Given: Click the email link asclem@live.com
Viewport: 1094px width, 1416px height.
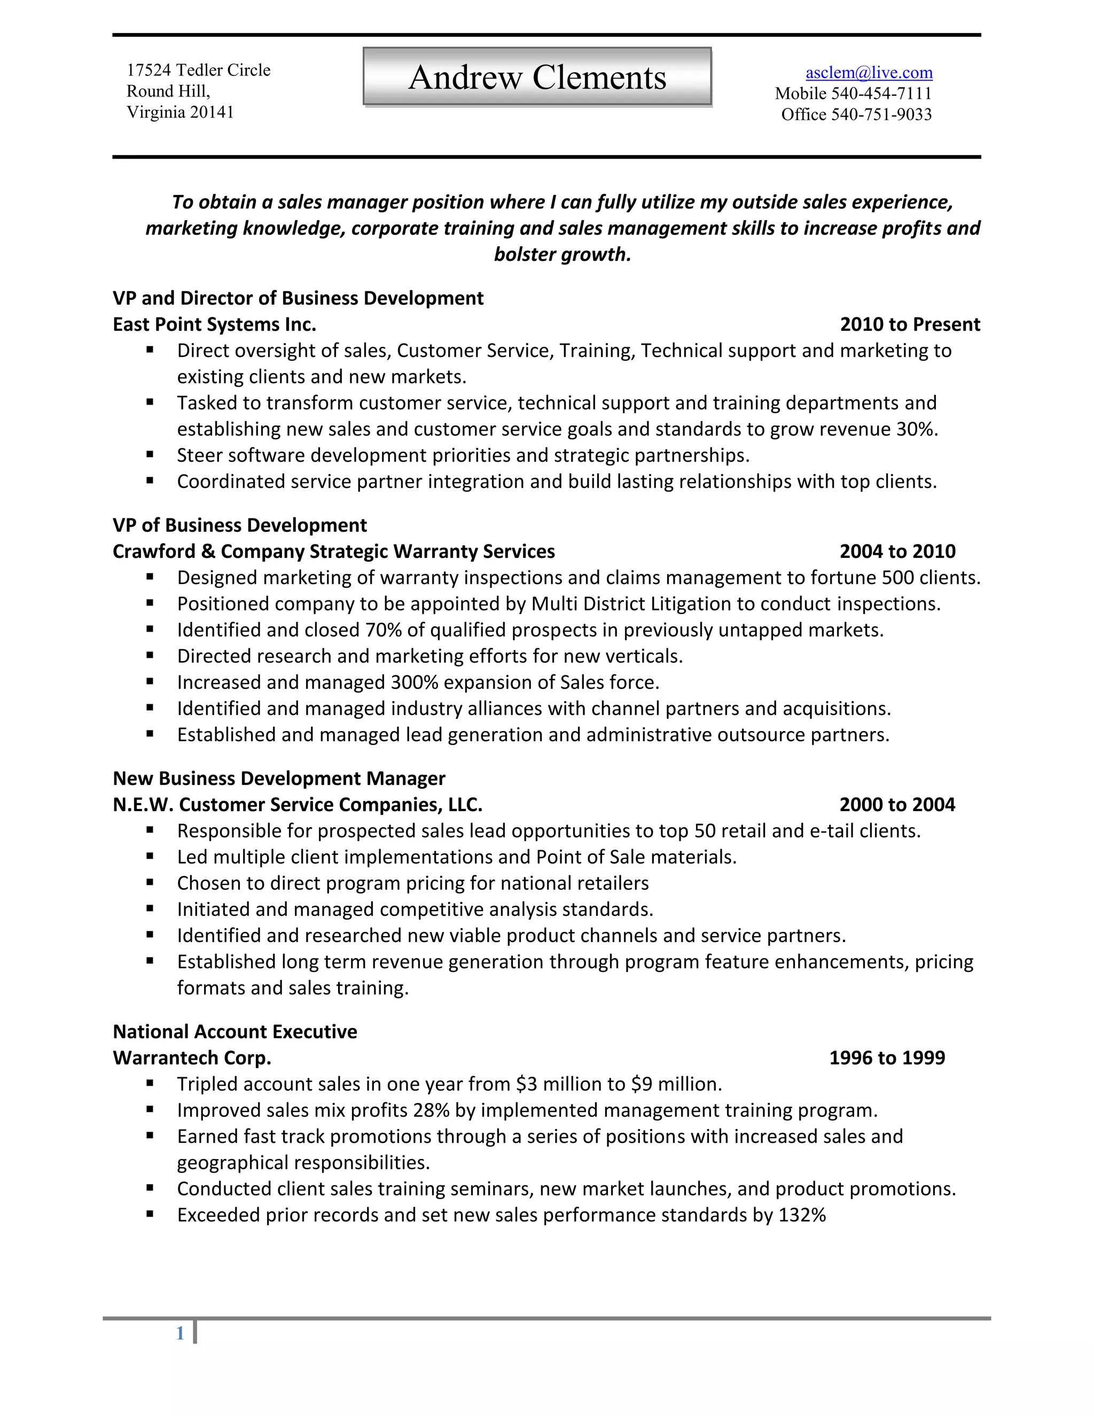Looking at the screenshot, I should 869,73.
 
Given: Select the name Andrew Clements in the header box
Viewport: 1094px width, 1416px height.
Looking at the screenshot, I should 537,78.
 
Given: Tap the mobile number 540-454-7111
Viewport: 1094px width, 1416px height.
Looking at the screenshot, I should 881,94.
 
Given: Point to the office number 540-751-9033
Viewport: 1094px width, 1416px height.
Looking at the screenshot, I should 881,115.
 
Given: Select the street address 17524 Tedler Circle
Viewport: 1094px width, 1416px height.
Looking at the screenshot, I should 198,70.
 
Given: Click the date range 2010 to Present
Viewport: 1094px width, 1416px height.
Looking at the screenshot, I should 909,324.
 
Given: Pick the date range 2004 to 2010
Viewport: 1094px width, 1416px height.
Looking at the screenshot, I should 897,551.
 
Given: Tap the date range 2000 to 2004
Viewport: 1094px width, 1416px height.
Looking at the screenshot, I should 897,805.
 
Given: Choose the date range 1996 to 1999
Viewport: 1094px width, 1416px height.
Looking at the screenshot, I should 887,1057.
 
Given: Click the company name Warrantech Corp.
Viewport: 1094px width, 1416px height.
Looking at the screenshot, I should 192,1057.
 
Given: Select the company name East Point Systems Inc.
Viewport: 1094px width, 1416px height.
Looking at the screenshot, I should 215,324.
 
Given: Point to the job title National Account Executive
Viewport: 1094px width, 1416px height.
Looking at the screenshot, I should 235,1031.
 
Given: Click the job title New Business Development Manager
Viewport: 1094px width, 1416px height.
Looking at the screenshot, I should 279,778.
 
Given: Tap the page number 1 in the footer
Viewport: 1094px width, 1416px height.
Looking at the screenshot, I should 180,1333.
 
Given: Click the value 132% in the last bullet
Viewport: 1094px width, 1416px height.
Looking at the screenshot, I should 802,1215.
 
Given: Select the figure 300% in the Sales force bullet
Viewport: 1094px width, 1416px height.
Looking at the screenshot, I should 414,682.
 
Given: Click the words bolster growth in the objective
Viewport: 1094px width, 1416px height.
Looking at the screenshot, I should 562,254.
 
